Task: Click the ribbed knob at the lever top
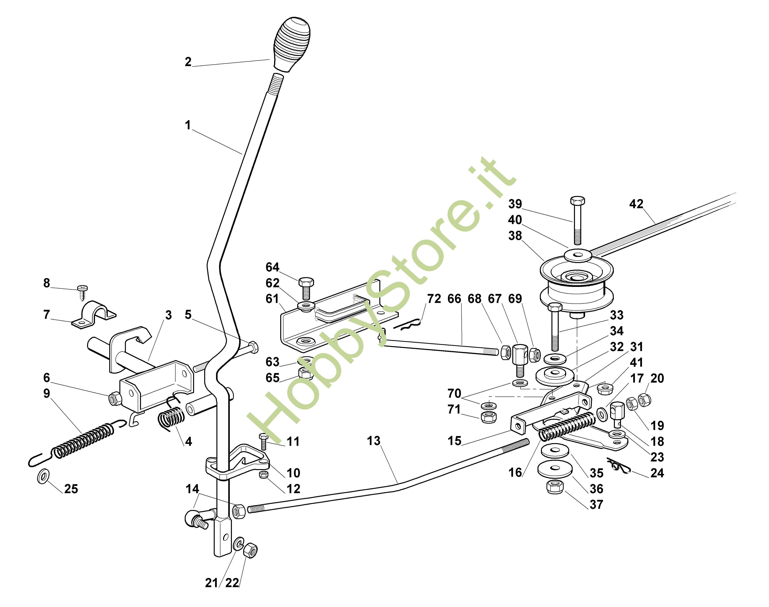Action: point(292,43)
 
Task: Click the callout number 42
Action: point(636,204)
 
